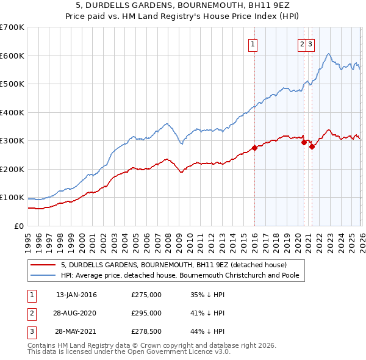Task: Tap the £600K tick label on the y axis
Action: pyautogui.click(x=12, y=56)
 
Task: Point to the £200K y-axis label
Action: pyautogui.click(x=12, y=169)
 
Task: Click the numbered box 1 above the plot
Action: pyautogui.click(x=253, y=43)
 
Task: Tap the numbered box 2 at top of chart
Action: pyautogui.click(x=301, y=43)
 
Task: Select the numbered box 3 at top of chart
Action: pyautogui.click(x=310, y=43)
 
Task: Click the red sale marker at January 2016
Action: pyautogui.click(x=254, y=148)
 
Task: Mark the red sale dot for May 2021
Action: pyautogui.click(x=312, y=146)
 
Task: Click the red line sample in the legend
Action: pyautogui.click(x=43, y=265)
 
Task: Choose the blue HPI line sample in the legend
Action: pyautogui.click(x=43, y=275)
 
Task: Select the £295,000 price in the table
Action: pyautogui.click(x=146, y=313)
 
